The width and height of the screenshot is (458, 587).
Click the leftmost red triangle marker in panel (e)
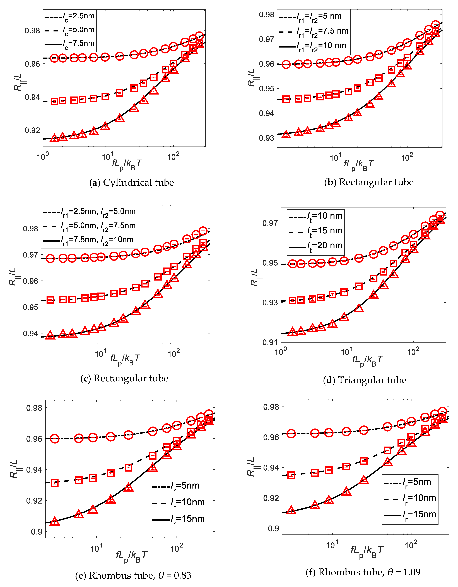pos(55,521)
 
